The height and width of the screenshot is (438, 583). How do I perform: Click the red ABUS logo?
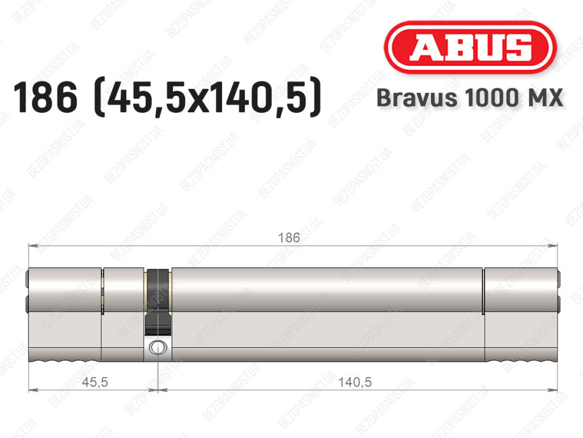[x=470, y=47]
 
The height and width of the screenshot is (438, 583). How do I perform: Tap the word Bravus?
[x=417, y=98]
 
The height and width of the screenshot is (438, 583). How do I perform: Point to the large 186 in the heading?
[x=46, y=97]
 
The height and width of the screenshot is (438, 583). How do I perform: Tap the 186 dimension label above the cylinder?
[x=289, y=238]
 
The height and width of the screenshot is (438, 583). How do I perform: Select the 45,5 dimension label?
[x=95, y=382]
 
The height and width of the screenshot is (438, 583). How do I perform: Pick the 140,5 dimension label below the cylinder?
[x=355, y=382]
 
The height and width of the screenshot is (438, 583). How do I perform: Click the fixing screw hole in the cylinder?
[x=158, y=347]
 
